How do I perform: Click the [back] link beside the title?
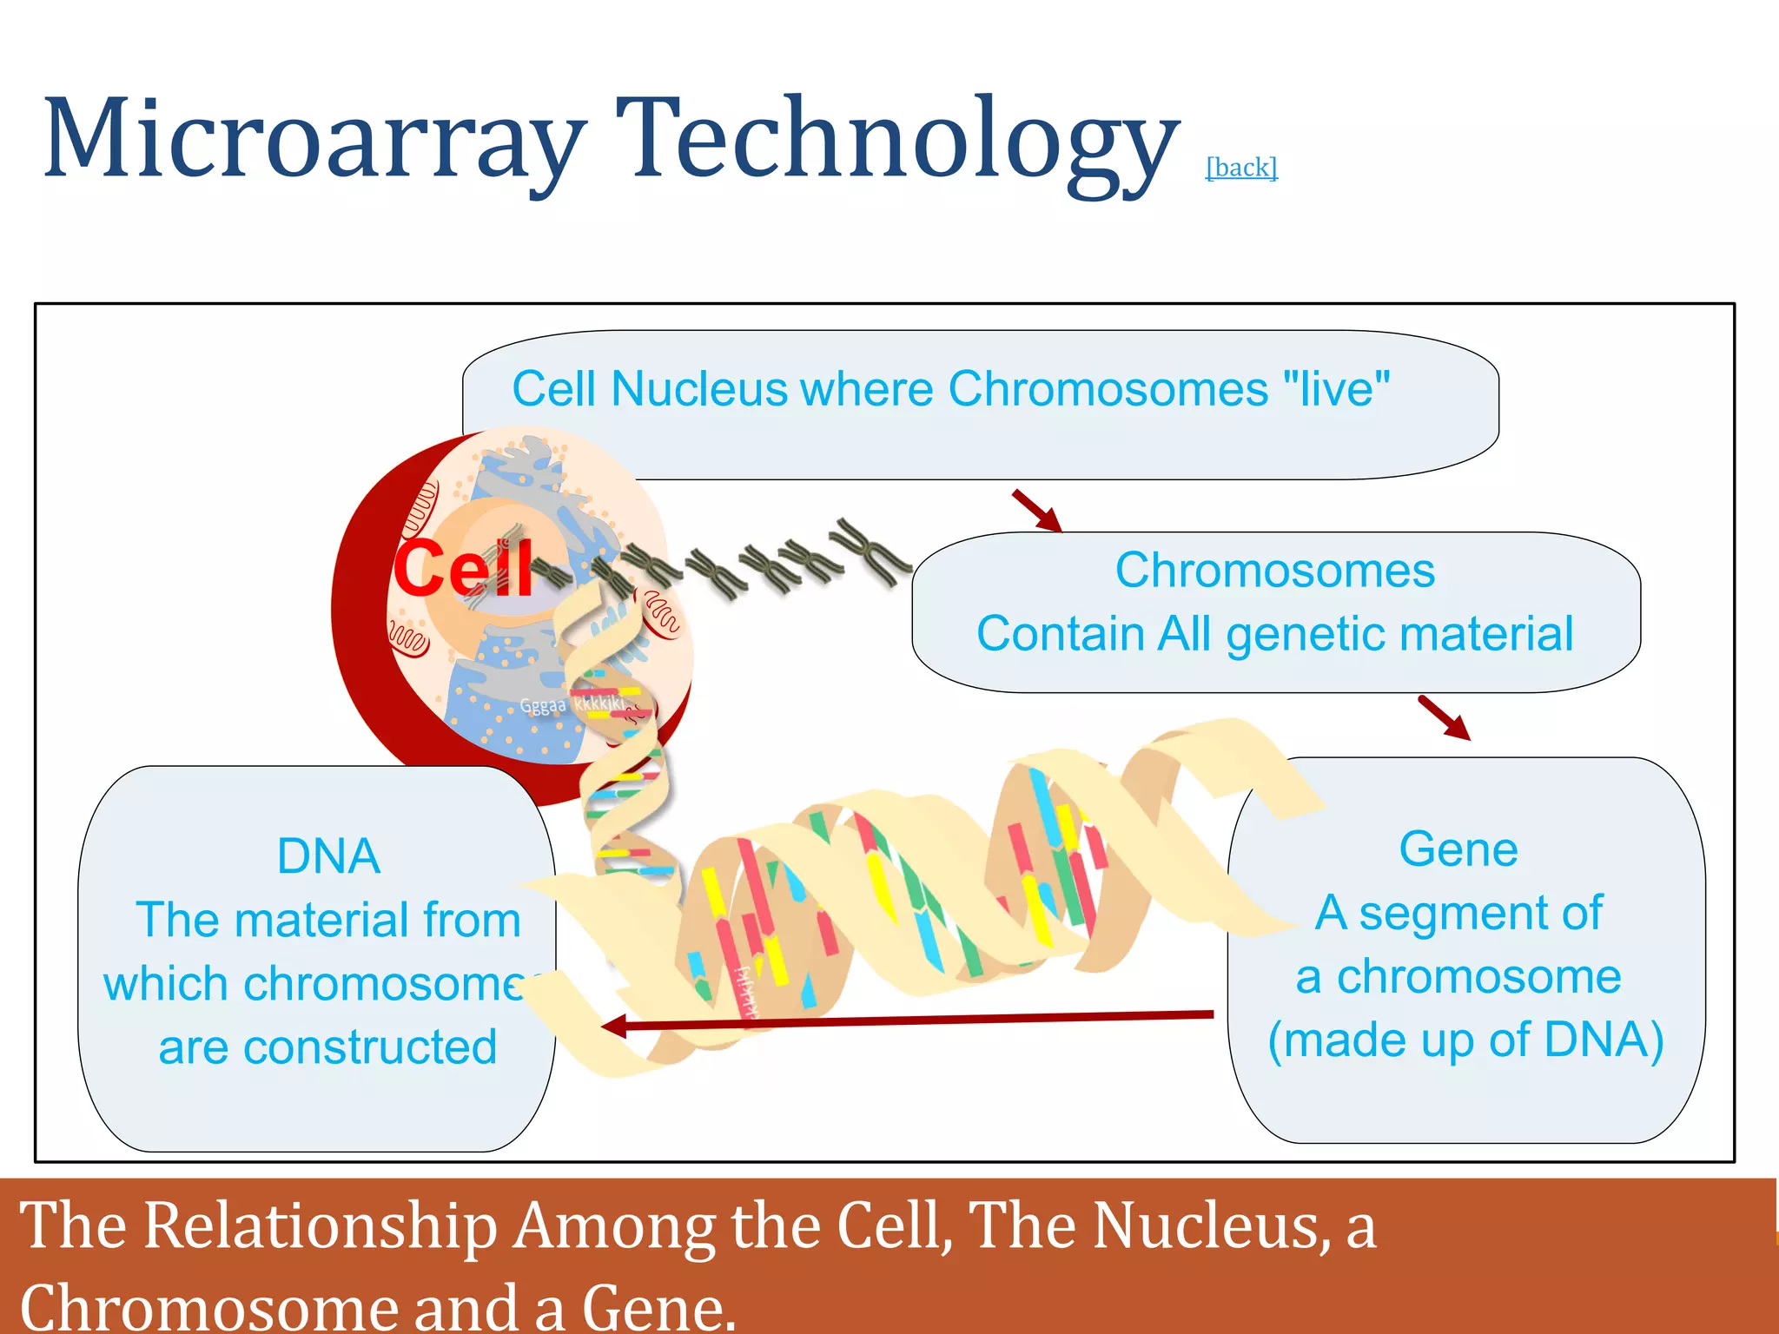coord(1241,167)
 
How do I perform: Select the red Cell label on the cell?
coord(463,568)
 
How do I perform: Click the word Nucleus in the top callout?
coord(698,388)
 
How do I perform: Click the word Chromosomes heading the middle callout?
coord(1274,571)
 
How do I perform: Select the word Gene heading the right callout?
coord(1458,849)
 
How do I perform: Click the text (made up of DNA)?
coord(1465,1040)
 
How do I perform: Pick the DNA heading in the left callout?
coord(328,856)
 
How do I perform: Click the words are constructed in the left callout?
coord(328,1047)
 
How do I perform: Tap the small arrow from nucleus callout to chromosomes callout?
coord(1037,511)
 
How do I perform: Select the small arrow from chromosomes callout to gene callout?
coord(1444,717)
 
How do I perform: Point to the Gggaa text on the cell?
coord(543,705)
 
